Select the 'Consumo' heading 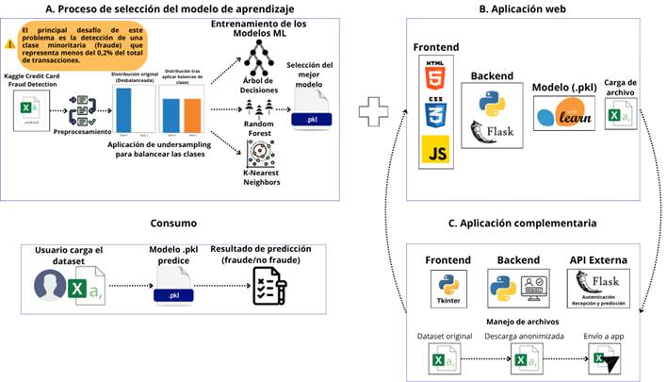point(174,224)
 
